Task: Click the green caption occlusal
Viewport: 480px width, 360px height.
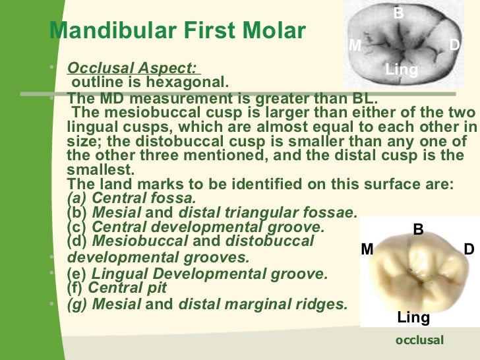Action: (x=419, y=340)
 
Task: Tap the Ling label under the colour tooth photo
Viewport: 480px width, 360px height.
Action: (x=413, y=318)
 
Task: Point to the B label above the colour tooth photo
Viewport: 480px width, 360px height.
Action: (x=417, y=229)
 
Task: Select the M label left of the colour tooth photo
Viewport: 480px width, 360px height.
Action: (x=367, y=249)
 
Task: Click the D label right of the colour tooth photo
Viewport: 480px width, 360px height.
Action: (x=469, y=249)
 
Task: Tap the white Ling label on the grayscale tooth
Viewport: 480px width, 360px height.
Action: (x=401, y=69)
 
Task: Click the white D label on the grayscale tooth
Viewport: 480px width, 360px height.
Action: (x=454, y=45)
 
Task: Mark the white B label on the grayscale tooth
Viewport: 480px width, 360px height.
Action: (x=398, y=12)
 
